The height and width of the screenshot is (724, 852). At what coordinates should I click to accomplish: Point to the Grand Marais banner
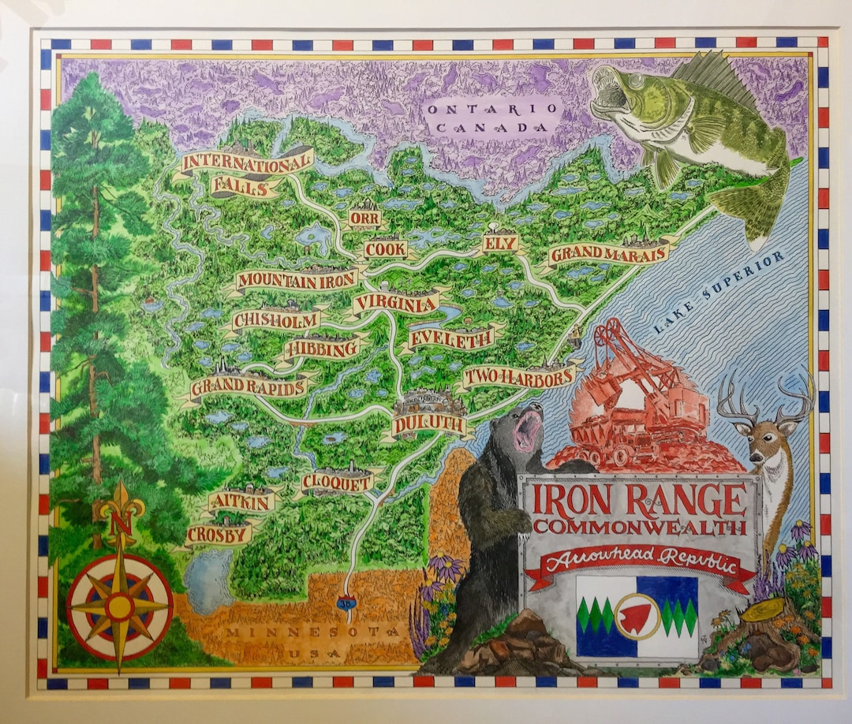pyautogui.click(x=609, y=253)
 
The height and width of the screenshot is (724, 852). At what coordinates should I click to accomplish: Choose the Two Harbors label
pyautogui.click(x=518, y=377)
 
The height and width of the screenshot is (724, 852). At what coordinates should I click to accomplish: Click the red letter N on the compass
pyautogui.click(x=121, y=523)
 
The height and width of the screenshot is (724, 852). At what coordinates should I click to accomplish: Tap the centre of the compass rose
pyautogui.click(x=120, y=606)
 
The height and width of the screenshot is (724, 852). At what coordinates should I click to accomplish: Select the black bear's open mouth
pyautogui.click(x=528, y=430)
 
